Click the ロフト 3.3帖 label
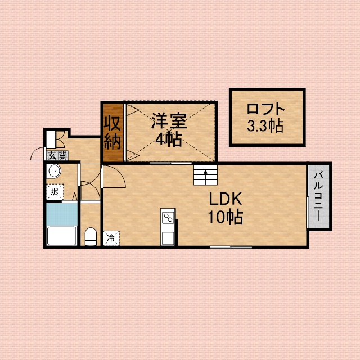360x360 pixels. pos(265,118)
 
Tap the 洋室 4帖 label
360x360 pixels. pos(169,130)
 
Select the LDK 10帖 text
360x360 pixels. pos(226,208)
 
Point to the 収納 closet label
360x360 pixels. pos(112,133)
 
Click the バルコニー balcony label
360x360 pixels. pos(319,196)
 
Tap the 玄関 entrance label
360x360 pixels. pos(57,156)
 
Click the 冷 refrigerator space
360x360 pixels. pos(111,238)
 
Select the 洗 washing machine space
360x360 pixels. pos(55,192)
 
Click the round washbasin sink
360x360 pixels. pos(55,171)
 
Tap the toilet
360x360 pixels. pos(91,236)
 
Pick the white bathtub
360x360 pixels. pos(62,236)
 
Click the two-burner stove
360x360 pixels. pos(168,218)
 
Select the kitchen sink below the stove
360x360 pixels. pos(168,238)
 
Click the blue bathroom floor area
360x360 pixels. pos(62,214)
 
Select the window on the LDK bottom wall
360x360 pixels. pos(231,247)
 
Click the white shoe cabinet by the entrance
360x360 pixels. pos(51,139)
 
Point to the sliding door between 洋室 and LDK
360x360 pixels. pos(170,163)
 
